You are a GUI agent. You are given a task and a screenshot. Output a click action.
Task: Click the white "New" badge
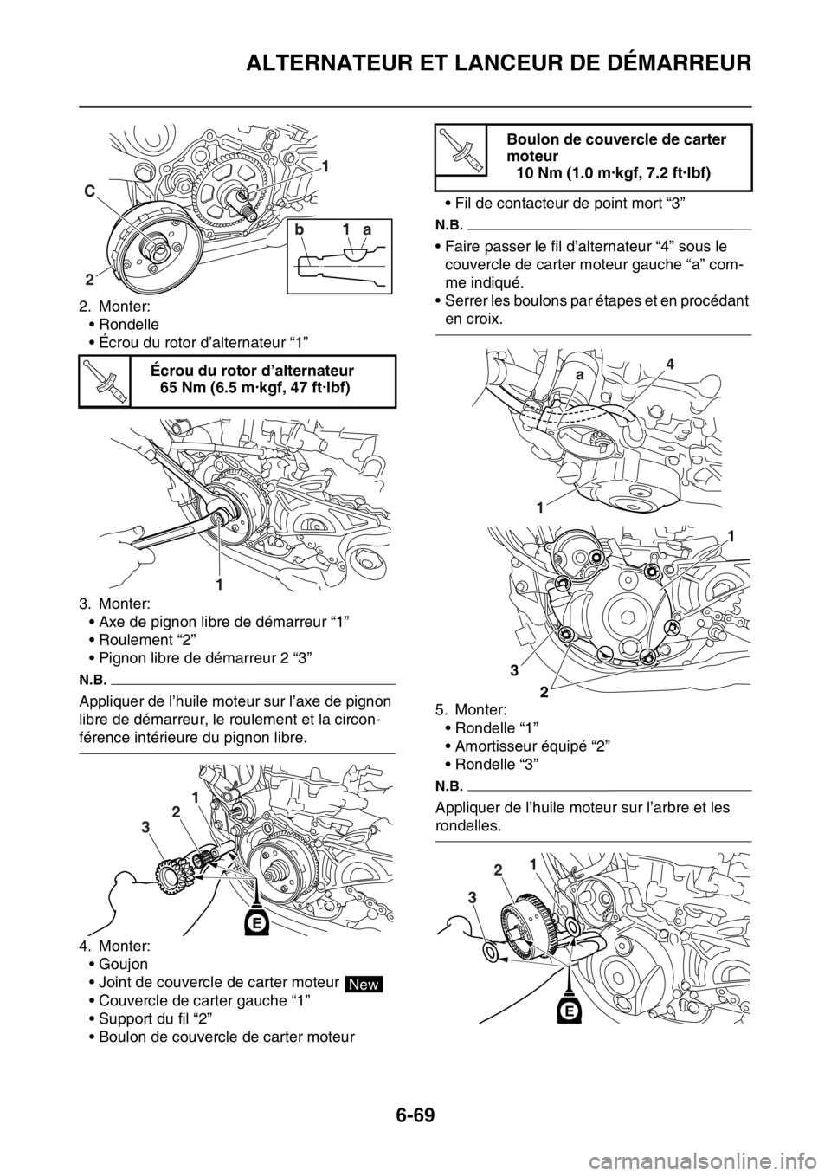coord(364,984)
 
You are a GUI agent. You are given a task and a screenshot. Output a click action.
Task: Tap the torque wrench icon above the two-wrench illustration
coord(104,380)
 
